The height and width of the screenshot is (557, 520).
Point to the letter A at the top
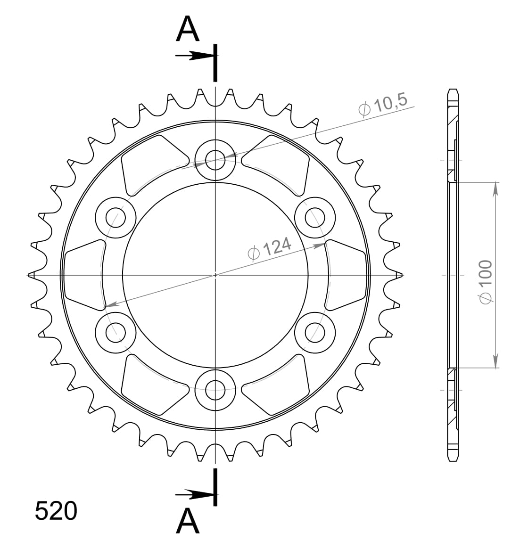188,30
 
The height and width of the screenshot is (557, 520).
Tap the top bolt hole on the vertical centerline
215,159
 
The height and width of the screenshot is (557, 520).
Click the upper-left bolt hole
116,217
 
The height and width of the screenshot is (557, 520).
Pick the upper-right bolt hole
315,217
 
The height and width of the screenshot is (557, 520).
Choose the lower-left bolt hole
116,333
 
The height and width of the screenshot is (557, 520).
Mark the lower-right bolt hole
315,333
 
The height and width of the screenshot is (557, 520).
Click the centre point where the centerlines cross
215,274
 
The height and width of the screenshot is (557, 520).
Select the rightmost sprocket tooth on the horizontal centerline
399,274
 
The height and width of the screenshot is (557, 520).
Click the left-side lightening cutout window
83,275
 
